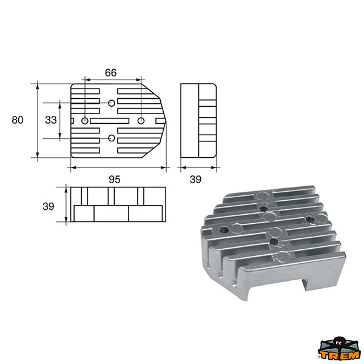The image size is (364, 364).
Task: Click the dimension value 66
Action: (x=111, y=73)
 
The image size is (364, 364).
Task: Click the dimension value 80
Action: (x=18, y=120)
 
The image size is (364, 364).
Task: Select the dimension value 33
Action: (x=51, y=120)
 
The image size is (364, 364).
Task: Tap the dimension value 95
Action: (x=115, y=180)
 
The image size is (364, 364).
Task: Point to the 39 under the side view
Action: (x=195, y=180)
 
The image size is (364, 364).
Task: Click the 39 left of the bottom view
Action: (x=49, y=206)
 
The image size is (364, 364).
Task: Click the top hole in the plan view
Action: (x=112, y=103)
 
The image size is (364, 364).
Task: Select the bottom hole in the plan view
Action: (x=112, y=138)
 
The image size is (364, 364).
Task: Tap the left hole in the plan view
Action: (x=85, y=121)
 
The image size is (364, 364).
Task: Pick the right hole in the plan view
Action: (x=141, y=121)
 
